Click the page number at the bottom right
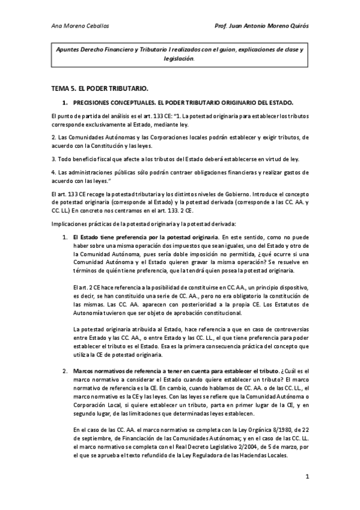(307, 478)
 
